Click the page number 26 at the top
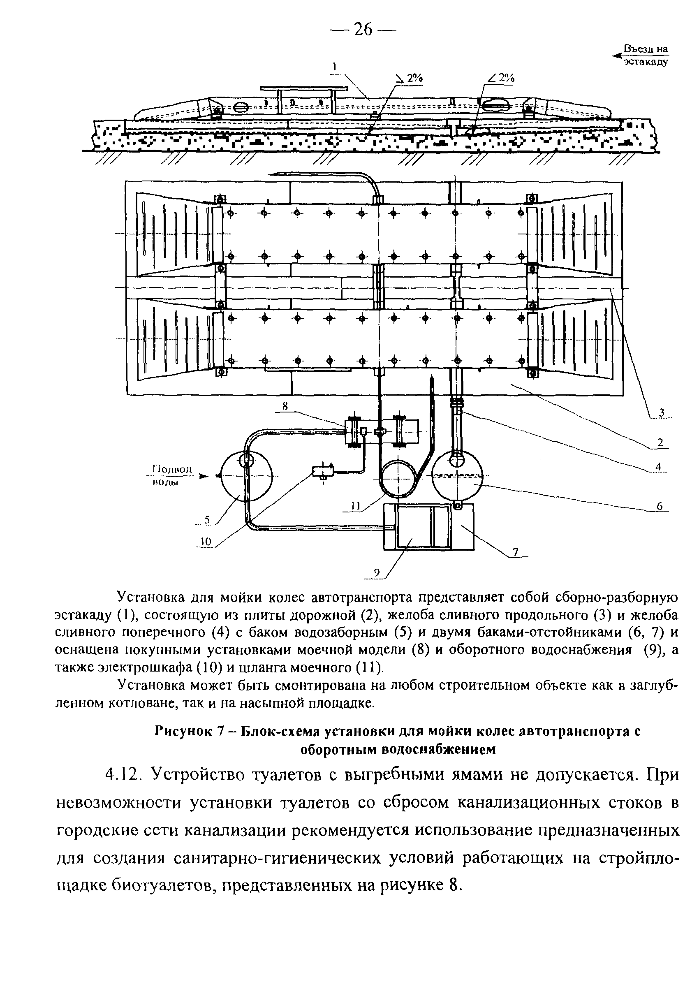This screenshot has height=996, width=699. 363,30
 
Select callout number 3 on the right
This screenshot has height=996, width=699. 662,412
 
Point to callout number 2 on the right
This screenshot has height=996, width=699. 660,443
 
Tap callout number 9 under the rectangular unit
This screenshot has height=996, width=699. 377,573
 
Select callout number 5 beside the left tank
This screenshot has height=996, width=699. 207,519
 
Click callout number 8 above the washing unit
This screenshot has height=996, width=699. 285,406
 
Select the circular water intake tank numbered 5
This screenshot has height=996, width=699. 246,476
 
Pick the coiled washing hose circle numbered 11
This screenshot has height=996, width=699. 398,479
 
